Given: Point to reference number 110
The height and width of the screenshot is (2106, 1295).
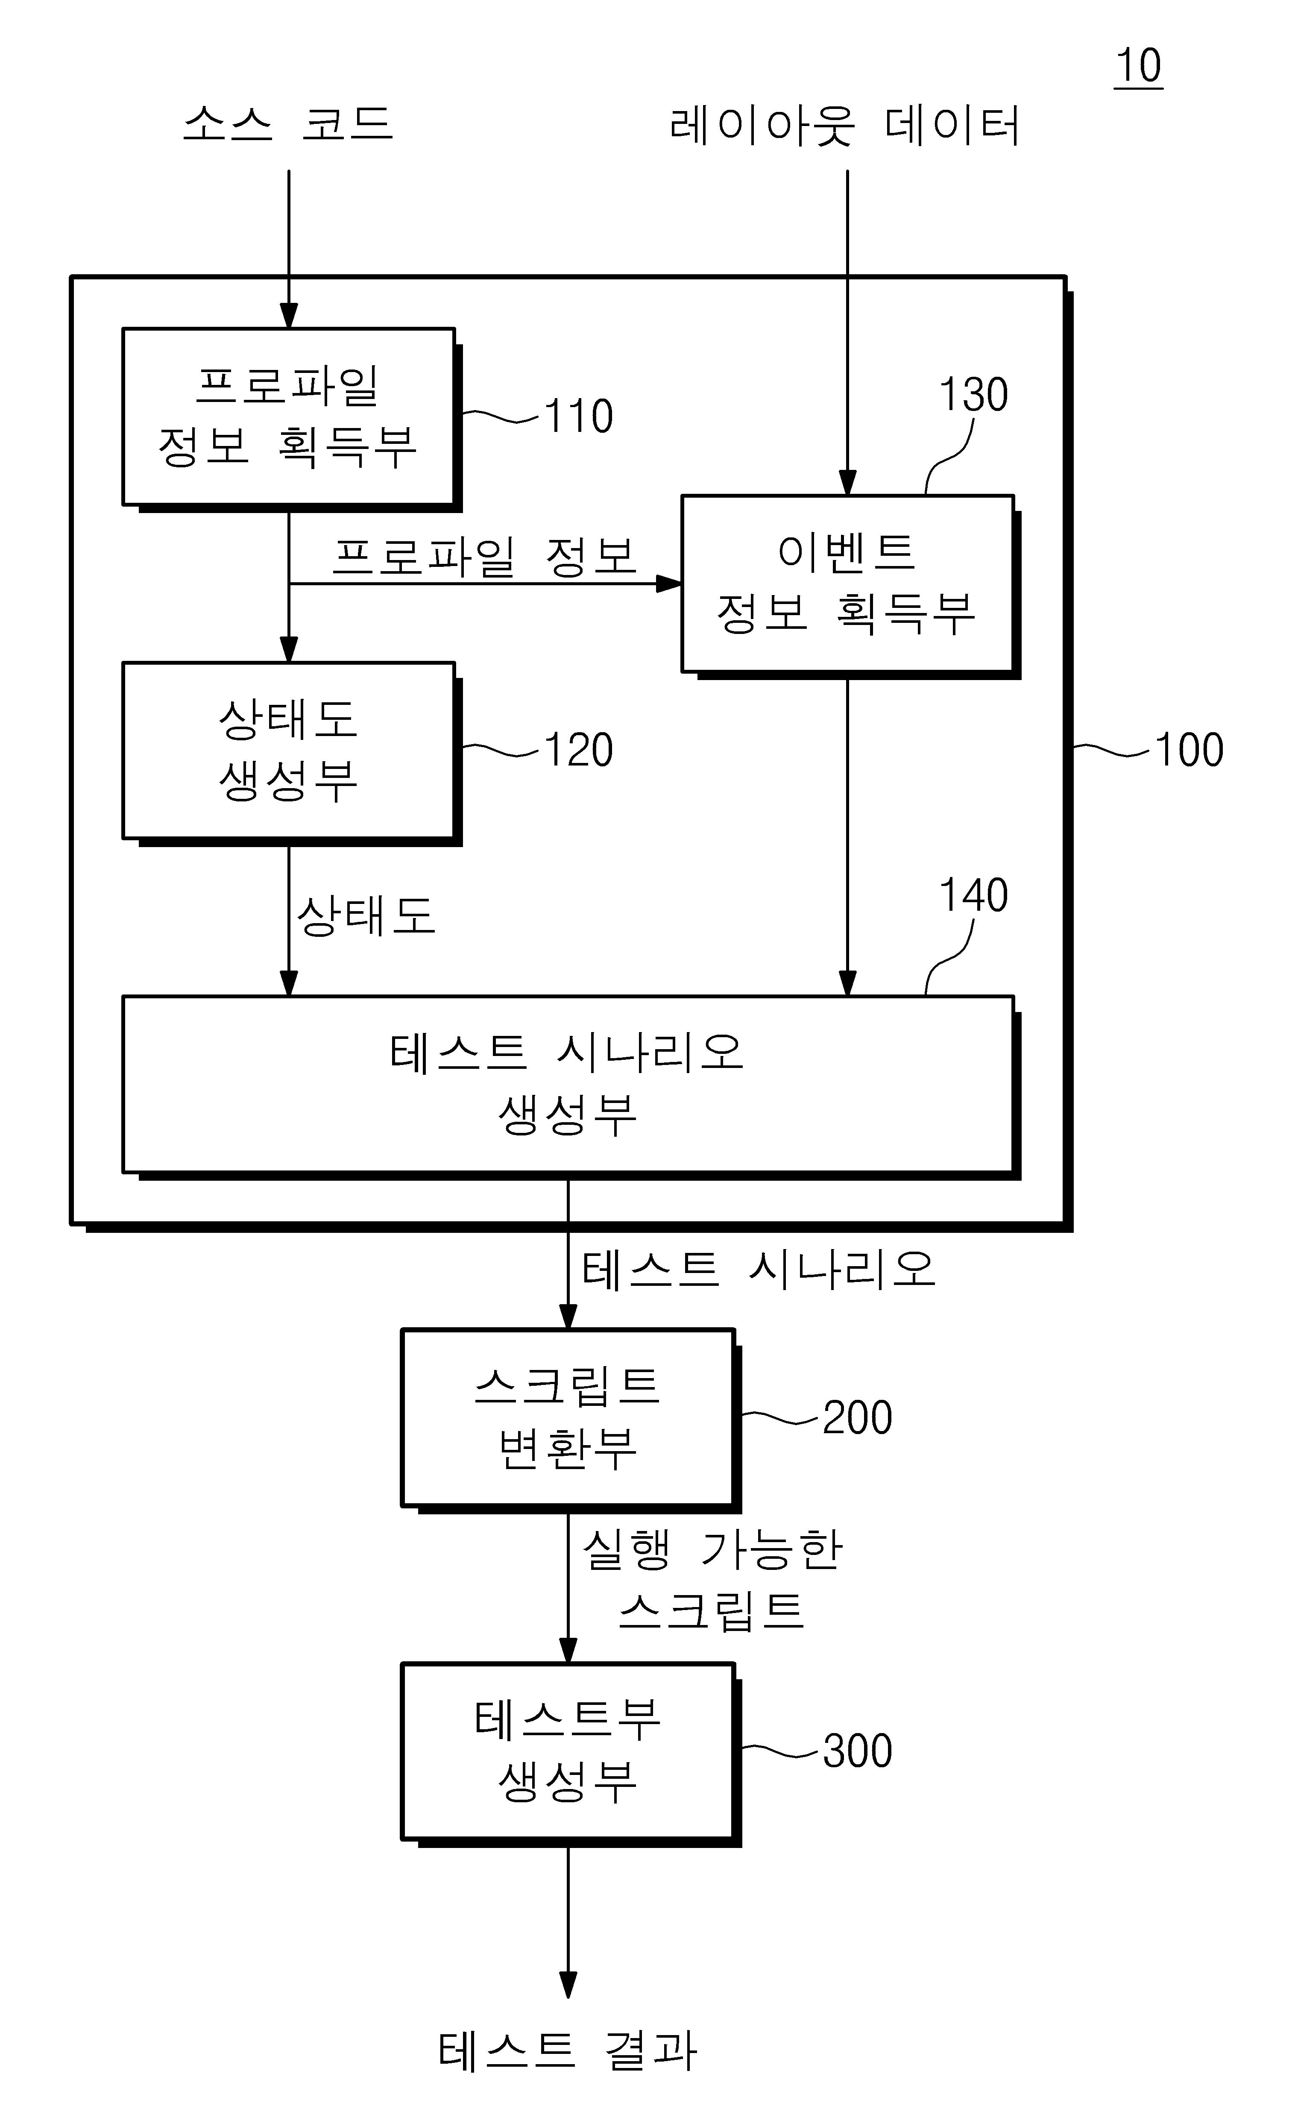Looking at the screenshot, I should [x=579, y=417].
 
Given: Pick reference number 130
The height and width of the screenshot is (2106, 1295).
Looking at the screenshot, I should [x=974, y=395].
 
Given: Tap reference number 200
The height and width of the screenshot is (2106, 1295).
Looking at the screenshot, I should [x=857, y=1418].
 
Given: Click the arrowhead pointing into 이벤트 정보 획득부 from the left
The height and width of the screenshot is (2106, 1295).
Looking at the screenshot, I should [x=669, y=584].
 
